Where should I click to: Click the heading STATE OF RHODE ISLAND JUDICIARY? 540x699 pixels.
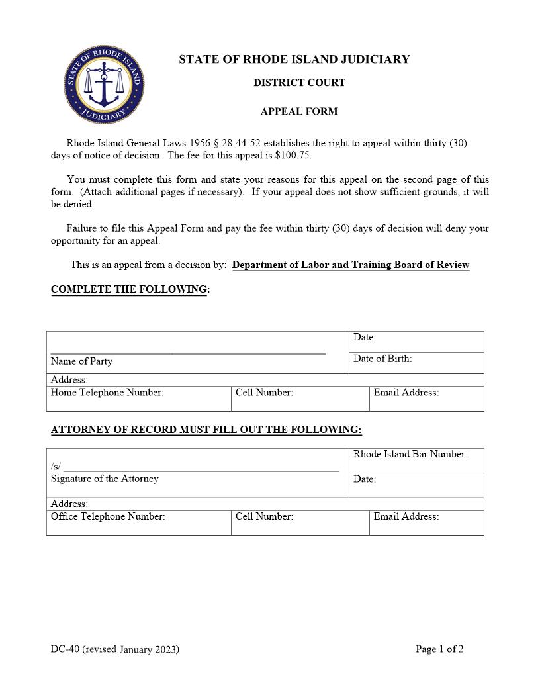tap(294, 60)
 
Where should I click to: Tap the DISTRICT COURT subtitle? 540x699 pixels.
tap(299, 83)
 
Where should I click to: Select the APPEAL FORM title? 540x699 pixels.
tap(299, 111)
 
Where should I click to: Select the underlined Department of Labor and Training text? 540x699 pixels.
tap(351, 265)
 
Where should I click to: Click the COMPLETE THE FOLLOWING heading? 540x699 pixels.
tap(130, 290)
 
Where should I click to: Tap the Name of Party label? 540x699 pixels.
tap(81, 361)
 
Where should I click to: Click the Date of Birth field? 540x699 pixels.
tap(416, 363)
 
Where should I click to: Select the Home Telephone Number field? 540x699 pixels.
tap(138, 398)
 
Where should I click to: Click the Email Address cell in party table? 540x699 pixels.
tap(426, 398)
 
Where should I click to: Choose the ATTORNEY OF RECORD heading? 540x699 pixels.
tap(206, 430)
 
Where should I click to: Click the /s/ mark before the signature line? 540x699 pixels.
tap(56, 466)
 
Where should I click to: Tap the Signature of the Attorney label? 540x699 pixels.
tap(105, 479)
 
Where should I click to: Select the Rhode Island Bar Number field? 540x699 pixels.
tap(416, 461)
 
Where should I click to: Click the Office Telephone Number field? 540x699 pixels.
tap(138, 522)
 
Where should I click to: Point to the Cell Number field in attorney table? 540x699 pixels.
tap(300, 522)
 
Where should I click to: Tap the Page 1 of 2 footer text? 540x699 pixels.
tap(439, 649)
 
